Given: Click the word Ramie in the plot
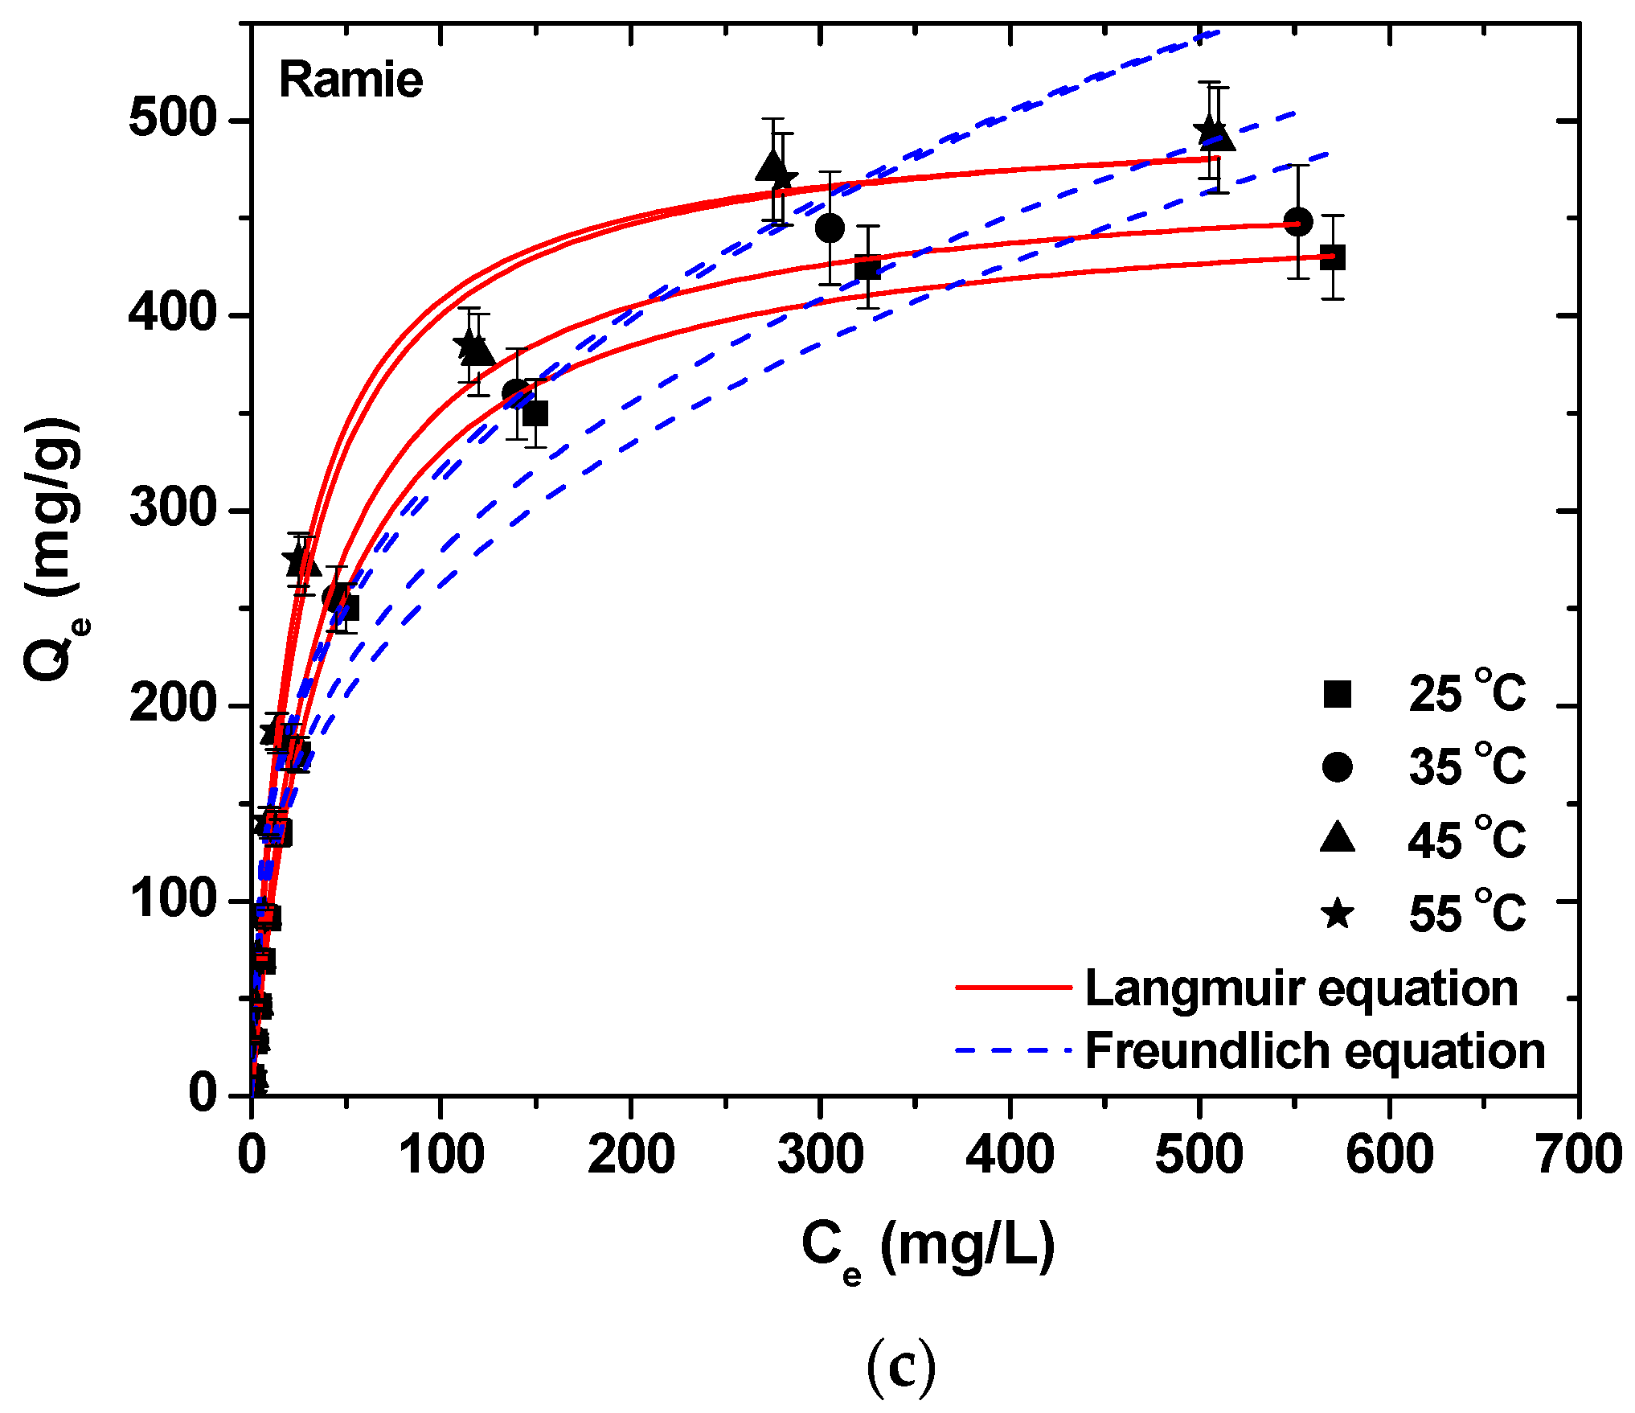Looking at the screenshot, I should (x=350, y=80).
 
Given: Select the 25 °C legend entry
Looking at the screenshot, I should (x=1424, y=693).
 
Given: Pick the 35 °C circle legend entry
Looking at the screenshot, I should (x=1424, y=766).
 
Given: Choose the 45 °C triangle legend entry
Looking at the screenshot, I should (x=1424, y=840).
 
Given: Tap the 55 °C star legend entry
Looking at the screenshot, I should (x=1424, y=914).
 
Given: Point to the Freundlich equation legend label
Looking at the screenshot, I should (x=1315, y=1051).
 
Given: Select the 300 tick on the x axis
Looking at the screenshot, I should (x=821, y=1155).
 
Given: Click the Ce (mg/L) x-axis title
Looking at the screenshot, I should (x=928, y=1246).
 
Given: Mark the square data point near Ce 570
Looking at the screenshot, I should (x=1333, y=257).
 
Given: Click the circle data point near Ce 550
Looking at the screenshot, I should (x=1298, y=222).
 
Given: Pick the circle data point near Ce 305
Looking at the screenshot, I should (x=830, y=228).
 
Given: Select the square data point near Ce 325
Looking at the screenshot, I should (x=867, y=267).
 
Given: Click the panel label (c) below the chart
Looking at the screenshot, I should (x=902, y=1368).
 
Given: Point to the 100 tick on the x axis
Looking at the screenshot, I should (x=441, y=1155).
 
